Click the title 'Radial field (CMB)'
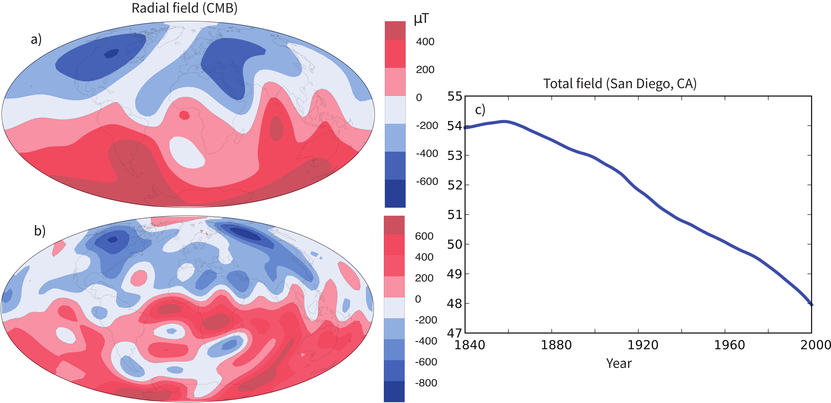[185, 8]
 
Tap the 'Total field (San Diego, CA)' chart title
[620, 83]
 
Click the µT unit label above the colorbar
[421, 19]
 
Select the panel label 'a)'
[36, 39]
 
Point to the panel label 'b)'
[40, 231]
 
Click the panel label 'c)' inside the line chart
[480, 110]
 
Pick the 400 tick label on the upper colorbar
[425, 42]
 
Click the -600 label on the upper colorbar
[427, 181]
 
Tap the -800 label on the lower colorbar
[426, 383]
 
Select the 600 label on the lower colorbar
[424, 236]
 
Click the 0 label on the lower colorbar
[418, 299]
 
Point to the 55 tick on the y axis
[455, 96]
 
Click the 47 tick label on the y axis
[455, 333]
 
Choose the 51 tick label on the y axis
[455, 215]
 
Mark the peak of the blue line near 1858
[504, 121]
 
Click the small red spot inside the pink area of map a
[184, 115]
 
